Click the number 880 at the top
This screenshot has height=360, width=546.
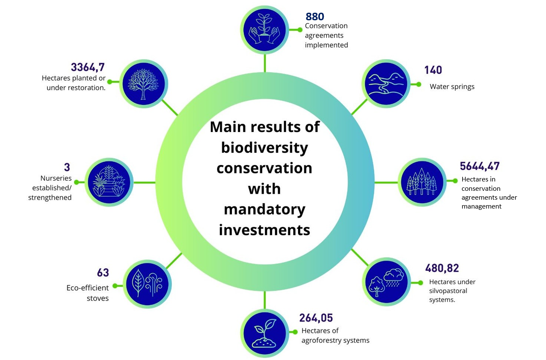[314, 16]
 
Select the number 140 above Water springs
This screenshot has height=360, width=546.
[433, 70]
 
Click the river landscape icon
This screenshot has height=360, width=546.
[386, 83]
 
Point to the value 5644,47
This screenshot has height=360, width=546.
[480, 166]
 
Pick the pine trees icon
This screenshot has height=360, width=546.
[422, 182]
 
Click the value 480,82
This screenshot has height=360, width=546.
[442, 268]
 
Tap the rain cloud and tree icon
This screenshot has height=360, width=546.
[386, 282]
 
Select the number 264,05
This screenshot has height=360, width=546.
[316, 318]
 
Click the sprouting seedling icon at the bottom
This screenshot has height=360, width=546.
[265, 333]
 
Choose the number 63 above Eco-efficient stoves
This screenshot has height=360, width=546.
[103, 272]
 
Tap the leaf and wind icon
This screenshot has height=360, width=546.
[147, 284]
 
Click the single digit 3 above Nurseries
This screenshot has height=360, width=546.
[67, 168]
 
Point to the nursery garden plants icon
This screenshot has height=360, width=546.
[109, 182]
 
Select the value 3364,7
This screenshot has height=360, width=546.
[88, 67]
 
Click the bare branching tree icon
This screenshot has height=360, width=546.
[144, 83]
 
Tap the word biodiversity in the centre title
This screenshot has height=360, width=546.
[265, 148]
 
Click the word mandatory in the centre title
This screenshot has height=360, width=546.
[265, 209]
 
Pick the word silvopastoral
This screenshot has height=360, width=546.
[448, 291]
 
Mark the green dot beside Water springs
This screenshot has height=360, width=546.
[419, 84]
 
